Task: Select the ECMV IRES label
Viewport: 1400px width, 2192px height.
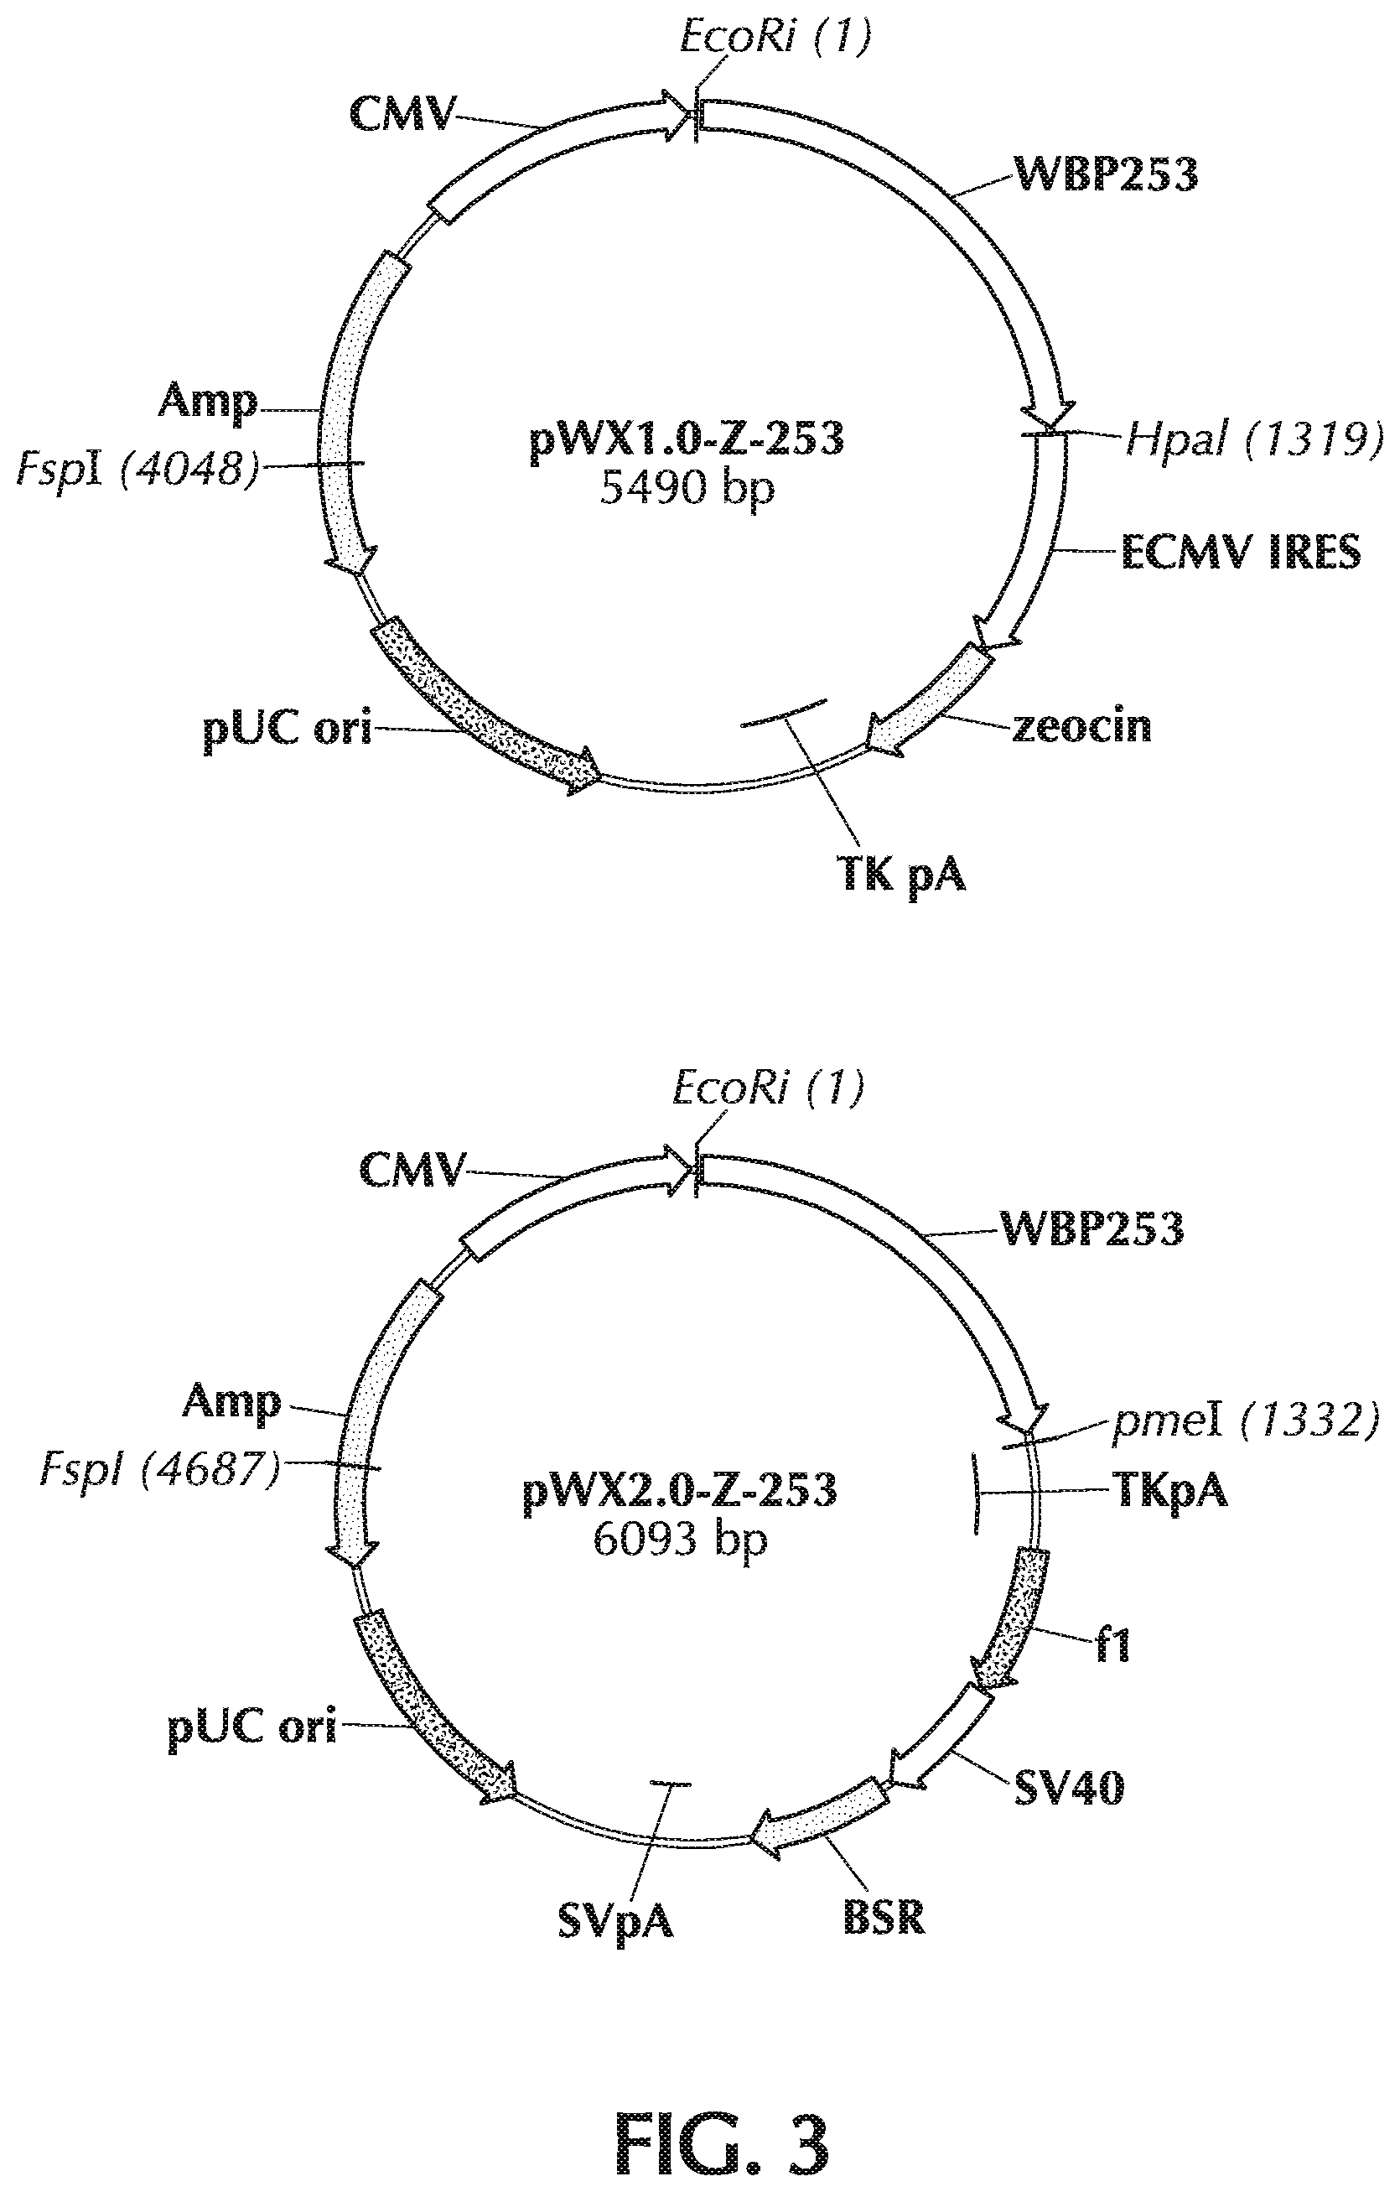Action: [x=1240, y=552]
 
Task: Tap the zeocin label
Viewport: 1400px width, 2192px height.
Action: [x=1081, y=726]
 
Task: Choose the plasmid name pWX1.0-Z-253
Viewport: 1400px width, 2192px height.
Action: [x=687, y=439]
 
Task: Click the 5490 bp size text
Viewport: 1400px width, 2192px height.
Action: [x=687, y=489]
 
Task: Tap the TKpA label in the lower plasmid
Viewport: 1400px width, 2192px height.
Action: [x=1169, y=1490]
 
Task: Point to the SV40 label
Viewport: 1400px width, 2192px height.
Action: [x=1069, y=1788]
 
